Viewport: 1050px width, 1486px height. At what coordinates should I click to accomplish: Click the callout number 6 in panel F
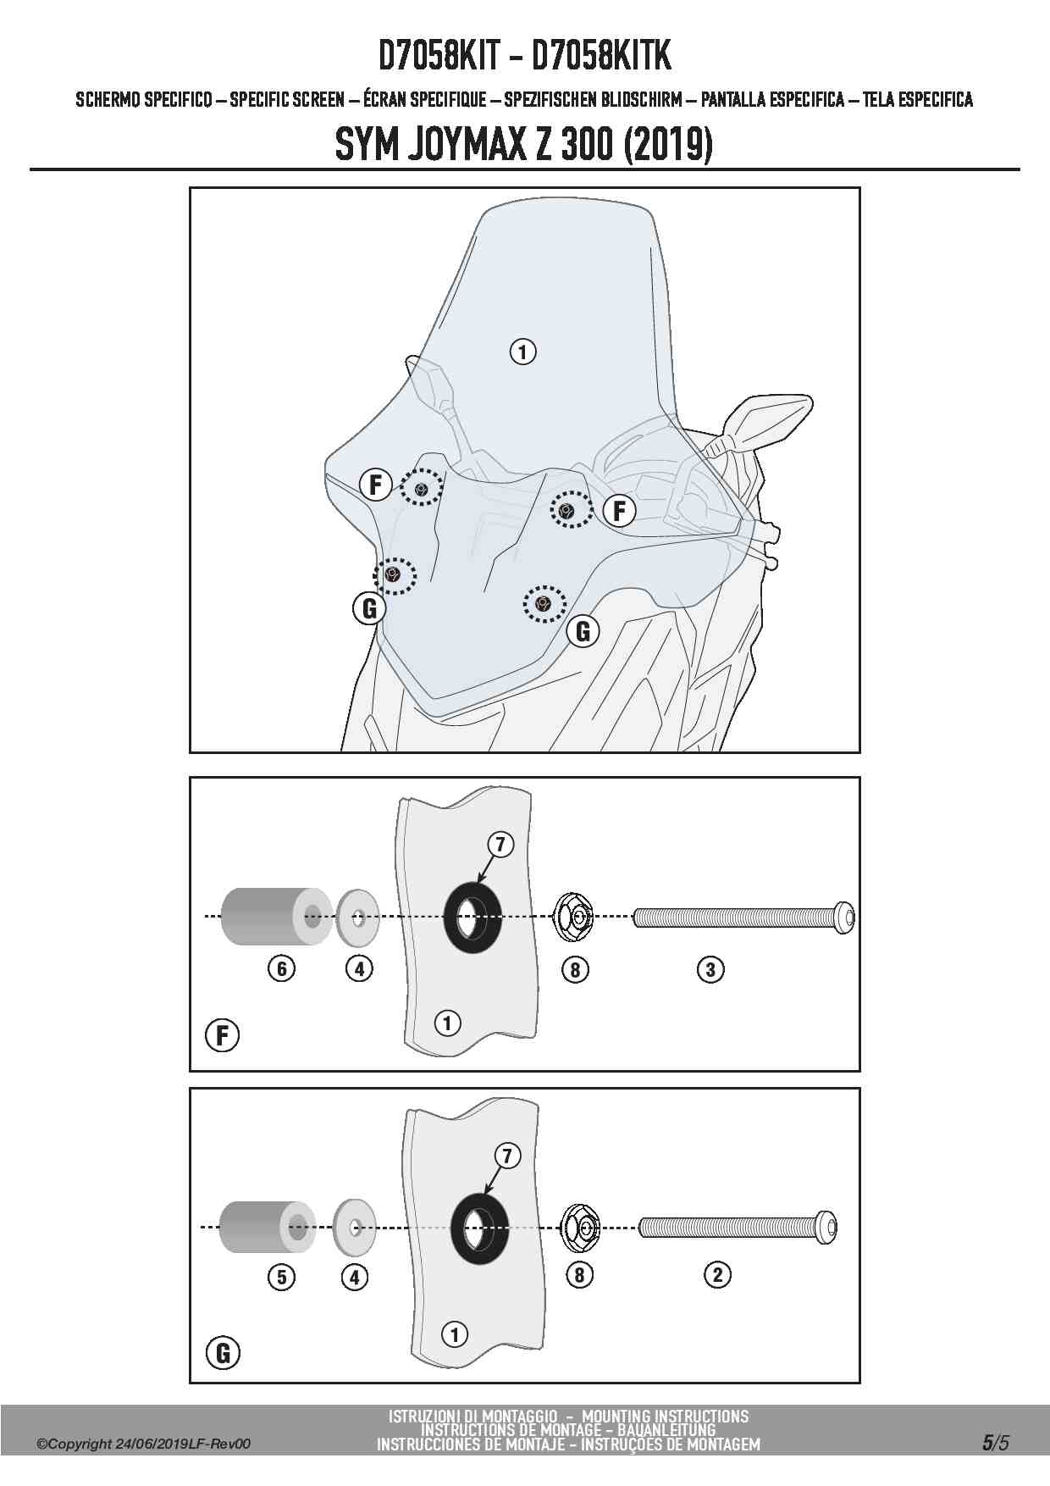(x=282, y=968)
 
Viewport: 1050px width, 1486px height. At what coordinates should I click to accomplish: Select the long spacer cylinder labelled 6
(x=276, y=916)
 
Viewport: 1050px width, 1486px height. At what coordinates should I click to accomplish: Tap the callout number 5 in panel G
(x=282, y=1277)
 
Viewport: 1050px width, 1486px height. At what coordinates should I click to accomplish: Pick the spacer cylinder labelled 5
(x=267, y=1226)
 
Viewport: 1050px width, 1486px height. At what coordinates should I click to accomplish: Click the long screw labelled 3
(x=744, y=917)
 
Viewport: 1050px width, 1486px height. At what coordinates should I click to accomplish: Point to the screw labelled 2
(x=738, y=1227)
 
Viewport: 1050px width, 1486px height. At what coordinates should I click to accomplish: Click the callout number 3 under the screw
(x=710, y=969)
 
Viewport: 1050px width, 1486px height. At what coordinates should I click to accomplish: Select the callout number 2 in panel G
(x=717, y=1274)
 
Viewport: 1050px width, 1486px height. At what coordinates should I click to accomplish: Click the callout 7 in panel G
(x=507, y=1156)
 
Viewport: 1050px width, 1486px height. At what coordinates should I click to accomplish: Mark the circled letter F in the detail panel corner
(x=223, y=1035)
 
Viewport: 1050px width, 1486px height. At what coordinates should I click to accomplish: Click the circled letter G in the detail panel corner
(x=223, y=1352)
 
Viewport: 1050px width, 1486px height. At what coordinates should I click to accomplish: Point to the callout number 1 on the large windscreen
(x=523, y=351)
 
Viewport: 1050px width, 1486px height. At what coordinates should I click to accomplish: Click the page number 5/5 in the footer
(x=996, y=1443)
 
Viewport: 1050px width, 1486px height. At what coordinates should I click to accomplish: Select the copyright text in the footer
(x=144, y=1444)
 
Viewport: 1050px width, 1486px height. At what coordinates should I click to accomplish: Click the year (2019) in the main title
(x=667, y=145)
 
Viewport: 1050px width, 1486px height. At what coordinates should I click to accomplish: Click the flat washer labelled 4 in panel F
(x=357, y=918)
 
